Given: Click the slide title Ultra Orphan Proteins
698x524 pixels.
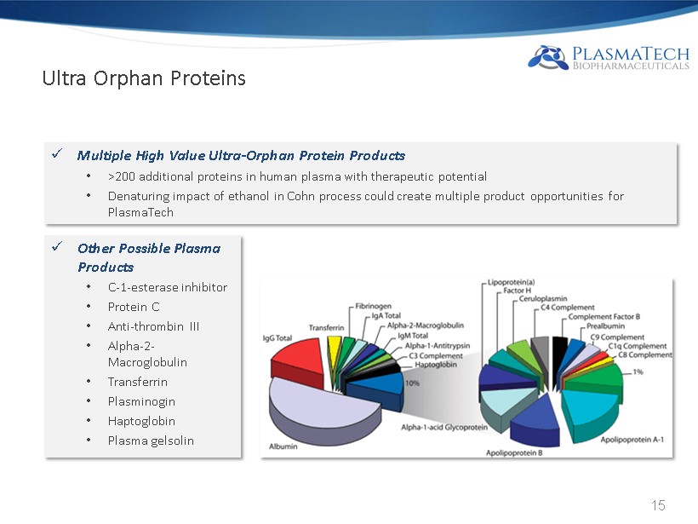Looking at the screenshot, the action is click(144, 78).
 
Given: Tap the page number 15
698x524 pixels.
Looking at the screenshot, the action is click(658, 505).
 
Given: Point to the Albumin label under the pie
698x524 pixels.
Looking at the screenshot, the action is click(283, 446).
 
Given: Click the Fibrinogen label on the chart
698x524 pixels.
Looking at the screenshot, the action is click(373, 306).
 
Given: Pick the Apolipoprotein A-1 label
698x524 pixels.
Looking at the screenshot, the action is click(632, 440).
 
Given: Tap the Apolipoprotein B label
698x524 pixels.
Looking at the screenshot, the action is click(514, 452).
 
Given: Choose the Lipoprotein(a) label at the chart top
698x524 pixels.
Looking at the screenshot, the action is click(511, 282).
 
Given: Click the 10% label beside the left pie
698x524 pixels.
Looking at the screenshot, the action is click(412, 383).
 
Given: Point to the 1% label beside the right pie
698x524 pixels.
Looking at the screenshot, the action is click(638, 371).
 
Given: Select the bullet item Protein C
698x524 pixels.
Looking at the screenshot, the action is click(134, 307).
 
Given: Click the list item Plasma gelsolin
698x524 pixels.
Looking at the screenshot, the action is click(151, 441).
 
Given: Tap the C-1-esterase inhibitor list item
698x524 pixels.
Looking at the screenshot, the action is click(168, 287).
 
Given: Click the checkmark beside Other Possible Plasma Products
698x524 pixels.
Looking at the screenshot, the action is click(57, 246).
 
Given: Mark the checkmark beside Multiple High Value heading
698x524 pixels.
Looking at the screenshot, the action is click(57, 153).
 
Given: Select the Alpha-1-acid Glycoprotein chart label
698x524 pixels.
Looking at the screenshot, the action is click(444, 428).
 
